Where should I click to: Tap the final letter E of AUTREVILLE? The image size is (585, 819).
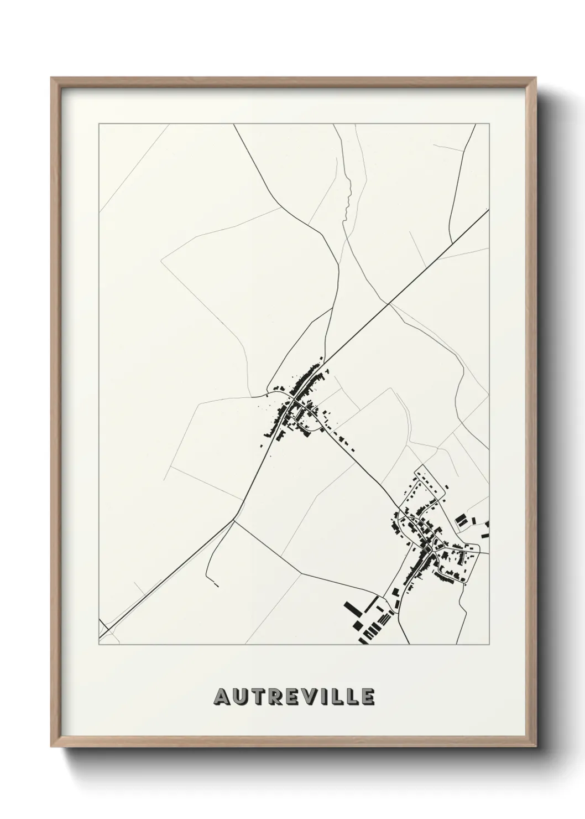point(368,697)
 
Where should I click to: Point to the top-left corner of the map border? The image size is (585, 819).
point(99,125)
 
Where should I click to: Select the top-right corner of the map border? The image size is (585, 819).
point(489,125)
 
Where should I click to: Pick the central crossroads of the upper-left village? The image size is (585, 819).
point(291,400)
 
